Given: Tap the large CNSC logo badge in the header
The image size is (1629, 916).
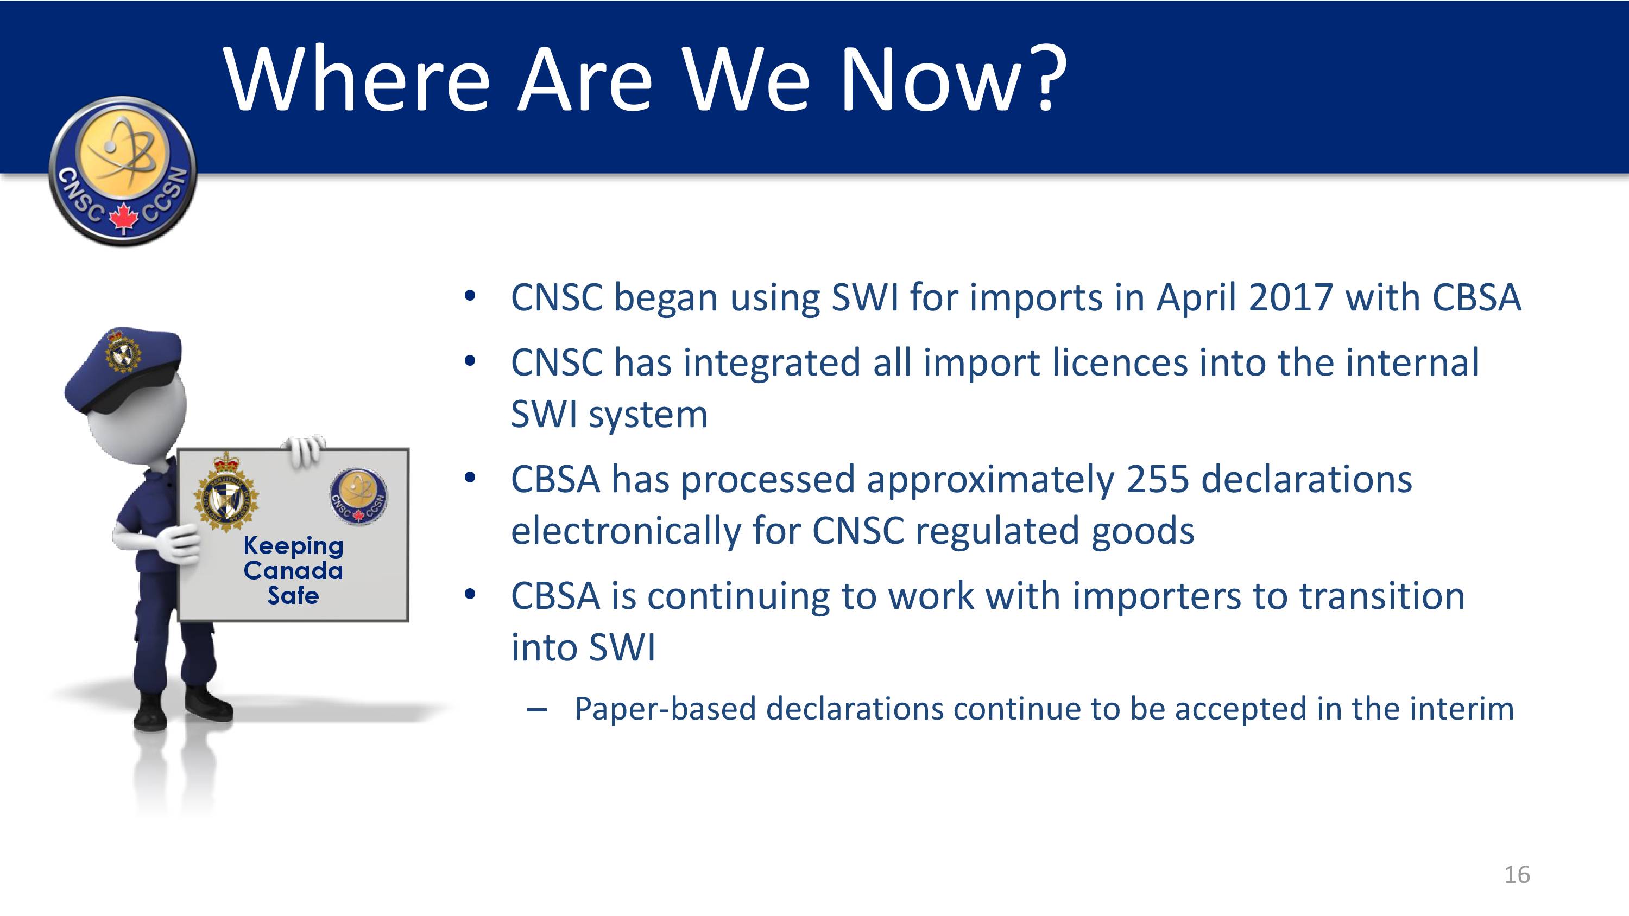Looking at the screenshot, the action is coord(123,171).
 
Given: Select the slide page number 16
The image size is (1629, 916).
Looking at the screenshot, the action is coord(1517,875).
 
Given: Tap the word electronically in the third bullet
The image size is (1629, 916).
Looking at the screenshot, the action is coord(626,532).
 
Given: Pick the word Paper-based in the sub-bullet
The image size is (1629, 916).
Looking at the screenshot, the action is coord(665,709).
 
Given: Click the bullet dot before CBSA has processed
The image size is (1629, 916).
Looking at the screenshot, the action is coord(470,478).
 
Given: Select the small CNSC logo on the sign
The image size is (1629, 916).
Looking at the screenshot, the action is coord(358,497).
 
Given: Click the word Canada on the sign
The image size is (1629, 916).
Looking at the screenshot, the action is coord(293,570).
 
